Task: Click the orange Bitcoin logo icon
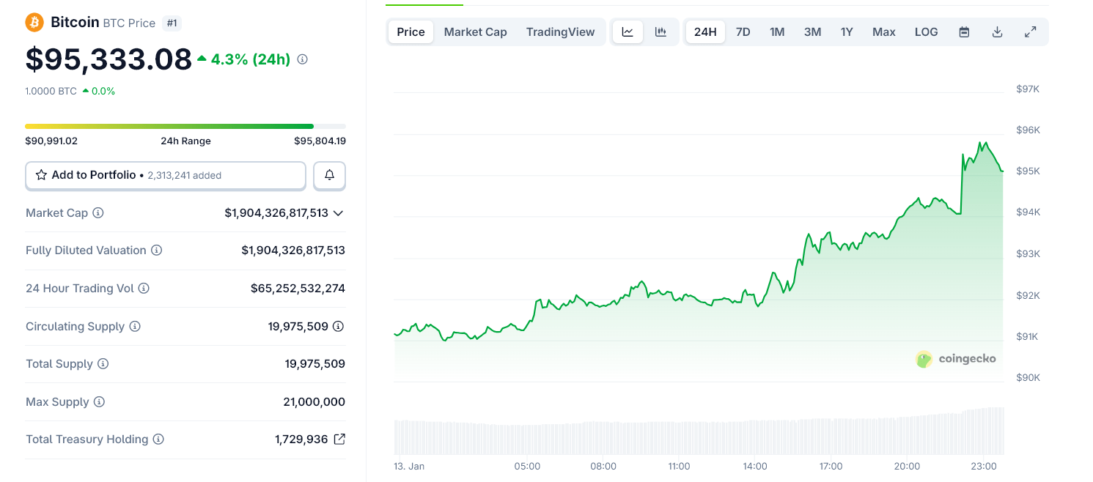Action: (34, 23)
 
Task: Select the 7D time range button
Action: (743, 31)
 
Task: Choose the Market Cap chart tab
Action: (475, 31)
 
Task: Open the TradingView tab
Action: (560, 31)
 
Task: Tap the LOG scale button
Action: (926, 31)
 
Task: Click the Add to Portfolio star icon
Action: (42, 175)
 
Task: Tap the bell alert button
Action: (329, 175)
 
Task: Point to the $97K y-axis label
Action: (1028, 89)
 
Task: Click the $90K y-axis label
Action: (1028, 377)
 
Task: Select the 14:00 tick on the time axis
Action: (755, 466)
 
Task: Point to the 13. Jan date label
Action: (409, 466)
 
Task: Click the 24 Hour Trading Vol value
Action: (298, 289)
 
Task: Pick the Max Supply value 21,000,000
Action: (314, 401)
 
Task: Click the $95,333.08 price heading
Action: (108, 59)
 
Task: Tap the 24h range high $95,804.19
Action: (320, 141)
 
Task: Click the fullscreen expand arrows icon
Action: (1030, 31)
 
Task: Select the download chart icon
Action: (997, 31)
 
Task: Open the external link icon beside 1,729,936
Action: (339, 440)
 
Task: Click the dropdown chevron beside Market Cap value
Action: (338, 213)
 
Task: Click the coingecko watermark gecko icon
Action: (924, 359)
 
